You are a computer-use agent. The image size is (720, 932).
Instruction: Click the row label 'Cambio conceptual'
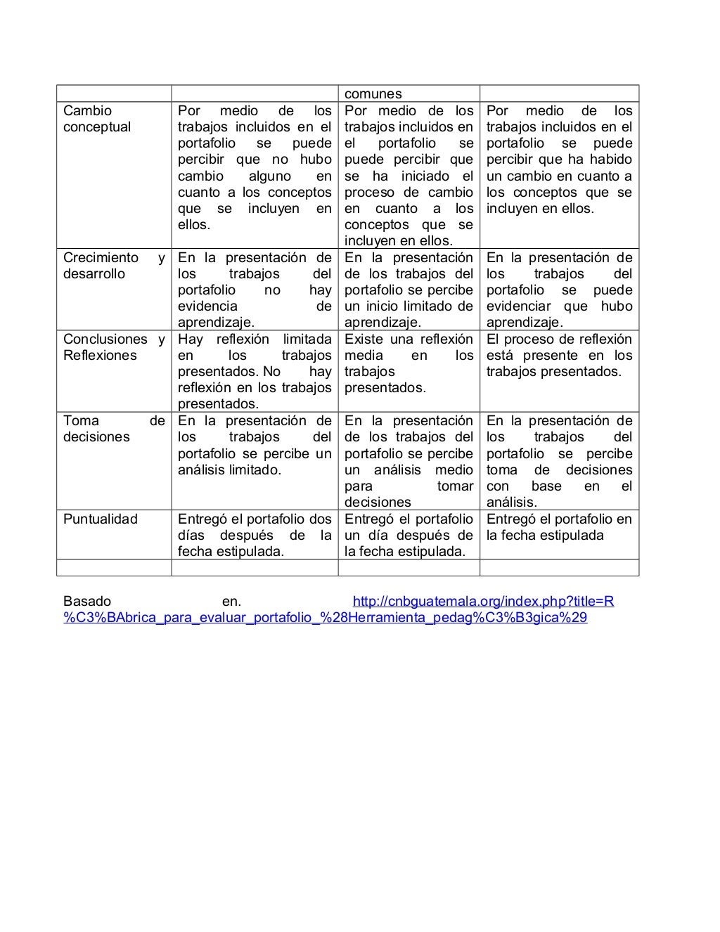click(97, 119)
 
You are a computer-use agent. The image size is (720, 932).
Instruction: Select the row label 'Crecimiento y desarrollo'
click(114, 266)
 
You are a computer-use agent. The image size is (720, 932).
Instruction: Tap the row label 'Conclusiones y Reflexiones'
click(114, 347)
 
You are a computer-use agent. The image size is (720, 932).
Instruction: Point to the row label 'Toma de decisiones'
click(114, 429)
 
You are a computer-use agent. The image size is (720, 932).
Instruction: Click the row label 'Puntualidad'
click(101, 519)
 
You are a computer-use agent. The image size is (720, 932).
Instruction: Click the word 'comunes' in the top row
click(373, 93)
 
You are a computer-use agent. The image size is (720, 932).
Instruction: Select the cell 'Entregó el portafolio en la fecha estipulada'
click(559, 527)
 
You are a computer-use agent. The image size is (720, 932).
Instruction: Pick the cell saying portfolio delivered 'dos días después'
click(255, 535)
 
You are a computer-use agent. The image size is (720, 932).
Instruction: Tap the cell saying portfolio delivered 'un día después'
click(409, 535)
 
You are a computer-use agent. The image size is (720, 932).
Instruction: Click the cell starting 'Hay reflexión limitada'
click(255, 371)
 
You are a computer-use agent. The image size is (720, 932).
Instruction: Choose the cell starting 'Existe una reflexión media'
click(409, 363)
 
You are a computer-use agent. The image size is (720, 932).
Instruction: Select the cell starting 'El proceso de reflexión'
click(559, 356)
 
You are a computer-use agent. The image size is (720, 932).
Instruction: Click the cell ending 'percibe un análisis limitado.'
click(255, 445)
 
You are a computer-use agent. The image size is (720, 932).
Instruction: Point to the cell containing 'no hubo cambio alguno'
click(255, 167)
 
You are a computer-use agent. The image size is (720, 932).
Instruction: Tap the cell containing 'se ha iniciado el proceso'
click(409, 176)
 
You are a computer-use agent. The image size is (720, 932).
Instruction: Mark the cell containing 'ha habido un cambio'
click(559, 160)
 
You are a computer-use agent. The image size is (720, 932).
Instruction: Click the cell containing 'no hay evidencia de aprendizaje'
click(255, 290)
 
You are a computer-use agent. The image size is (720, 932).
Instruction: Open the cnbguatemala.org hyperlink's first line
click(483, 601)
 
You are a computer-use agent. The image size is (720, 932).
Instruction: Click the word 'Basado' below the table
click(87, 601)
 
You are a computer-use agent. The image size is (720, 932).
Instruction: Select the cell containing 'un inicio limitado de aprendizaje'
click(409, 290)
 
